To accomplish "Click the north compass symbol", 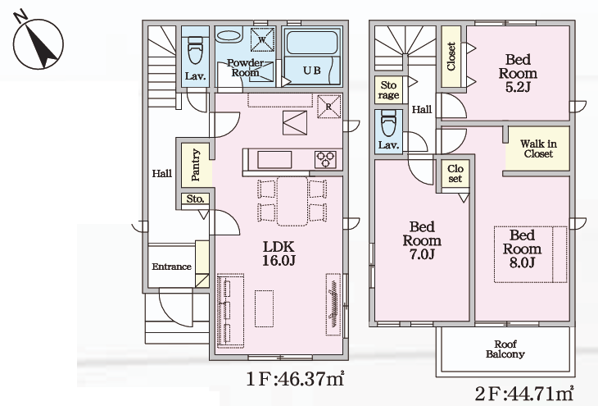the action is pyautogui.click(x=38, y=42).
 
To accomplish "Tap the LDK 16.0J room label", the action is pyautogui.click(x=279, y=253).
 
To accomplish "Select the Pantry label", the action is pyautogui.click(x=196, y=165).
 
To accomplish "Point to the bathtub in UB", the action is pyautogui.click(x=311, y=43).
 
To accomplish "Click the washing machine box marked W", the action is pyautogui.click(x=262, y=39).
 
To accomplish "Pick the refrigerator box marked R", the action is pyautogui.click(x=328, y=107).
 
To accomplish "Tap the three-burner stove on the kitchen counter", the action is pyautogui.click(x=325, y=159).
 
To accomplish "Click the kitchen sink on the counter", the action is pyautogui.click(x=274, y=159).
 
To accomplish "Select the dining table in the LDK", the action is pyautogui.click(x=292, y=201).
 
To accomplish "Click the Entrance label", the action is pyautogui.click(x=172, y=267).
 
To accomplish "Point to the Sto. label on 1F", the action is pyautogui.click(x=195, y=198).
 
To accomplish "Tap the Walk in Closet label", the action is pyautogui.click(x=538, y=148).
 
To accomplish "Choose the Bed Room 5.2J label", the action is pyautogui.click(x=518, y=73).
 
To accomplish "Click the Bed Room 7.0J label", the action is pyautogui.click(x=422, y=240).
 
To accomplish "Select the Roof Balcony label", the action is pyautogui.click(x=505, y=349).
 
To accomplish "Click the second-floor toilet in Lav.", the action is pyautogui.click(x=388, y=124).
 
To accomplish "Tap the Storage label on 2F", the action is pyautogui.click(x=388, y=90).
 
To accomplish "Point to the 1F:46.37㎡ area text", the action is pyautogui.click(x=296, y=378).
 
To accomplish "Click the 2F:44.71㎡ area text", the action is pyautogui.click(x=524, y=394).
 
